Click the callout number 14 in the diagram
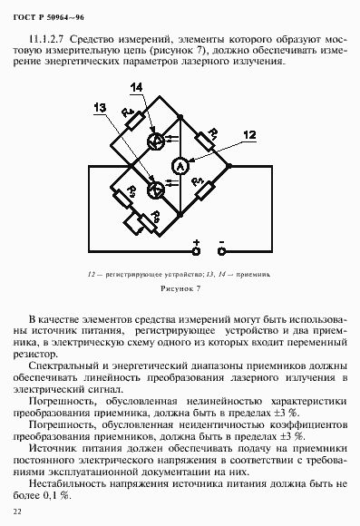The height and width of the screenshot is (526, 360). click(x=136, y=87)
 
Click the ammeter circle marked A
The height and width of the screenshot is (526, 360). click(x=180, y=166)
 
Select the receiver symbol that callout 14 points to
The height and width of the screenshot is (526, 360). click(x=156, y=141)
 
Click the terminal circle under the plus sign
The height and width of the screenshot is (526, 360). click(x=195, y=254)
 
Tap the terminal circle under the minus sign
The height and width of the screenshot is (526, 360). click(x=221, y=254)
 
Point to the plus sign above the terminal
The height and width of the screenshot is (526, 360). click(x=195, y=242)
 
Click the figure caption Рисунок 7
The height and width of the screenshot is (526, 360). click(x=179, y=287)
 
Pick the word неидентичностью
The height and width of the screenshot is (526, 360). click(x=209, y=422)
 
